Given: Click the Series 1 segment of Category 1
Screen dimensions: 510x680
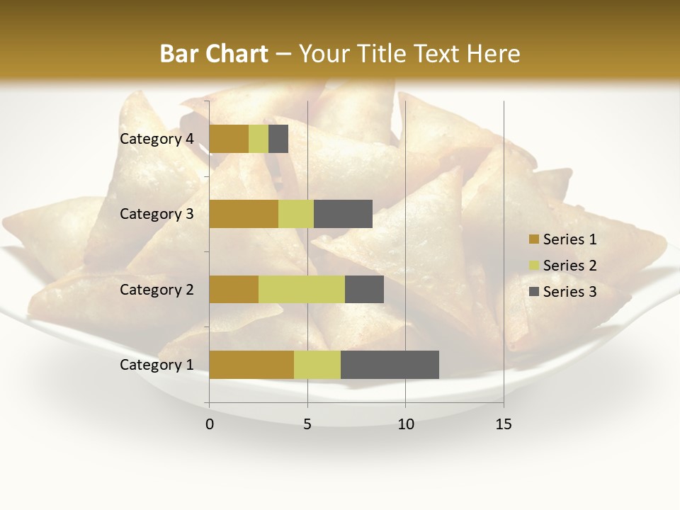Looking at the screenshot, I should (251, 365).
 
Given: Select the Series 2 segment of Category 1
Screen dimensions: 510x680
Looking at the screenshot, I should (317, 365).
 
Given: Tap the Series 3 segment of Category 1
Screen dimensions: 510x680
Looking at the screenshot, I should (390, 365).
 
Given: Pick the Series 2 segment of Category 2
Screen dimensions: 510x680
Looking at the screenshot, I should (302, 289).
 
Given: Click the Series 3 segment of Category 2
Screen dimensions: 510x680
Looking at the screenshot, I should (364, 289).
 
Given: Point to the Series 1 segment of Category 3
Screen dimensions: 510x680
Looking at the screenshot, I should (244, 214).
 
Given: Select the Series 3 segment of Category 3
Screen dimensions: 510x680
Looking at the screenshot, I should (343, 214).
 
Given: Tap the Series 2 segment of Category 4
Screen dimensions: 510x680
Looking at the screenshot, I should (259, 139).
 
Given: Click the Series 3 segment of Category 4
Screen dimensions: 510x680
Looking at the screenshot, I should (278, 139).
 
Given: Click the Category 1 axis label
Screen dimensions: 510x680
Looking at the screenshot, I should (157, 365).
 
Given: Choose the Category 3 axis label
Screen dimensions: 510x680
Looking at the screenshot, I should (157, 214).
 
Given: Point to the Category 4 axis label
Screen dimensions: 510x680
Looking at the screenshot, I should (157, 139).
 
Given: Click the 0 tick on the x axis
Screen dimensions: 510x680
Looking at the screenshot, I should (210, 424).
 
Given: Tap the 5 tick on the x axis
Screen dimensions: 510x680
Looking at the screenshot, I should (307, 424).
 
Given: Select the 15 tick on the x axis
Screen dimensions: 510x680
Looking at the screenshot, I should (504, 424).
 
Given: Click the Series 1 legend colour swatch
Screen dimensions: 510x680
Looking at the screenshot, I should (533, 239).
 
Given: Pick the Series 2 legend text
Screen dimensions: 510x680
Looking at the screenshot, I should (569, 266).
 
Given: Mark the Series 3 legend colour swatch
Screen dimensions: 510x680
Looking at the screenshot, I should (533, 292).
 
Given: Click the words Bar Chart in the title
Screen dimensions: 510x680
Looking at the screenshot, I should (214, 54).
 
